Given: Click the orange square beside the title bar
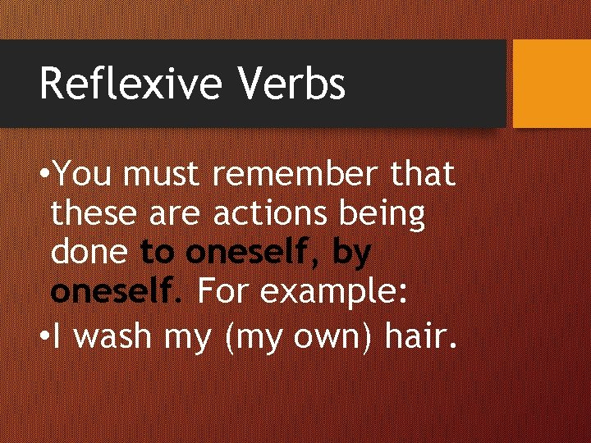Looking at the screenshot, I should click(551, 84).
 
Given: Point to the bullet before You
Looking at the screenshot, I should click(44, 175).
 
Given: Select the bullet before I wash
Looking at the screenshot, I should click(44, 337).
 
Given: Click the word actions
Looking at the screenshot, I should click(272, 215).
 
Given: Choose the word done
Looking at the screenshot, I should click(89, 253).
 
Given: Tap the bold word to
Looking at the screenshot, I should click(158, 253).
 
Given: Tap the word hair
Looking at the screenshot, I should click(415, 337).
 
